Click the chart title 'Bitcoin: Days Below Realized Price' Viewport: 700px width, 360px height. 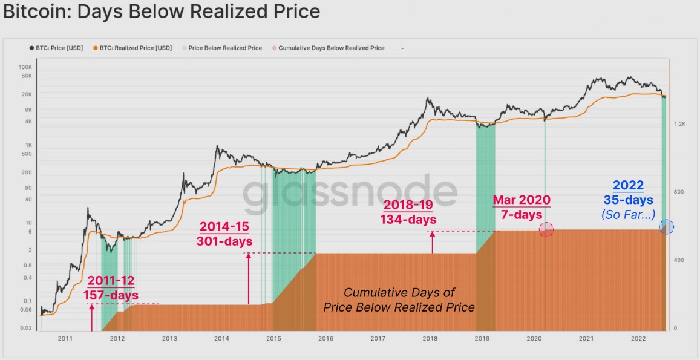point(162,11)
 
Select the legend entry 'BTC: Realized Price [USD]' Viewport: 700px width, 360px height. point(132,48)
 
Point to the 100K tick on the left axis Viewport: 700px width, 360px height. point(25,67)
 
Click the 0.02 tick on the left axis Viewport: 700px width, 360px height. point(25,328)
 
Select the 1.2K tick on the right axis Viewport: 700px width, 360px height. point(679,123)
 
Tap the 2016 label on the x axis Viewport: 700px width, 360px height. point(325,338)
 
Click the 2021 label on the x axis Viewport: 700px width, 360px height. point(586,338)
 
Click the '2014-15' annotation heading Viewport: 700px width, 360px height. point(224,227)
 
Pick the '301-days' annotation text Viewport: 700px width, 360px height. point(224,241)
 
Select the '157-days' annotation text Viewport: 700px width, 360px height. point(111,295)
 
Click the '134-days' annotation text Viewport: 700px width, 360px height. point(408,219)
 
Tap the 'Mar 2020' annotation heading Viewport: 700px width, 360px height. point(522,200)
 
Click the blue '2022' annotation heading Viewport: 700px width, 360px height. point(628,185)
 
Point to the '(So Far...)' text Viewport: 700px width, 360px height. point(628,214)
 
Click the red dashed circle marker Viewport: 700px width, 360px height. point(546,229)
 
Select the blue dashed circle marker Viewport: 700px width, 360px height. point(666,227)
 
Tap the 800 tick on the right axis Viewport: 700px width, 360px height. point(679,192)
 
